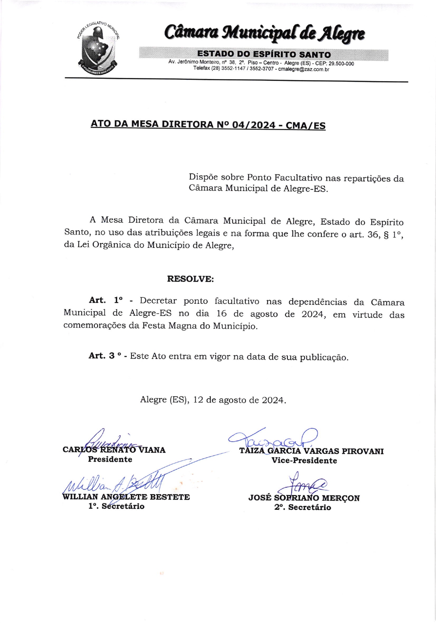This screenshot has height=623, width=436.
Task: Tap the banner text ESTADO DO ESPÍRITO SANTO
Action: (x=264, y=54)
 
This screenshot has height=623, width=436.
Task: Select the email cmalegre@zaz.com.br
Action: (x=303, y=69)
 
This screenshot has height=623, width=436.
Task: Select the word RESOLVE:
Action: (x=190, y=279)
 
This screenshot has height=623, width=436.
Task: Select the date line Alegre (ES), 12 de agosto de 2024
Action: (x=213, y=400)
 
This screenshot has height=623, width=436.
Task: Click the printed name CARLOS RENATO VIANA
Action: (x=114, y=450)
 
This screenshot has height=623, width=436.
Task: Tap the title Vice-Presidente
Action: (x=304, y=461)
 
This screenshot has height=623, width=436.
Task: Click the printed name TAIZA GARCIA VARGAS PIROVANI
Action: (x=311, y=451)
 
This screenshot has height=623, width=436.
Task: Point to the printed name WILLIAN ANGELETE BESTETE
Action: (x=126, y=497)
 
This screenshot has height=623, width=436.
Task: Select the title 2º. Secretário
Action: (x=303, y=507)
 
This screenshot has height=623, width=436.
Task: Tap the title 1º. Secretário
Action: (x=116, y=506)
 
